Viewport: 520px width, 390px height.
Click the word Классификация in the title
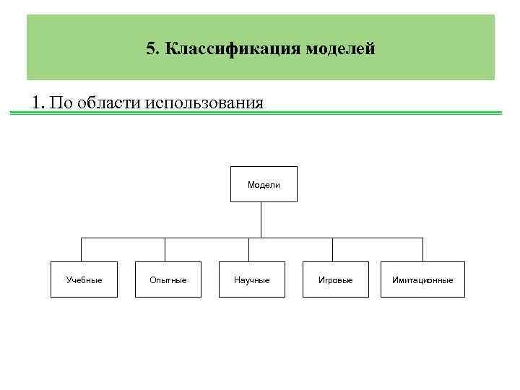(x=233, y=49)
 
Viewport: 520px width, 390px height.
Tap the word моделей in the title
(x=340, y=49)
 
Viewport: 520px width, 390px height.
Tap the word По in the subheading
(x=62, y=101)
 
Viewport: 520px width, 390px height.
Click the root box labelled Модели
(x=263, y=184)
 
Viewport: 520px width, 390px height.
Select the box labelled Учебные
(x=84, y=279)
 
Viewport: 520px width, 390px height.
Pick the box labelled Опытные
(x=168, y=279)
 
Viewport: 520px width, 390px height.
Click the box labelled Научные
(x=251, y=279)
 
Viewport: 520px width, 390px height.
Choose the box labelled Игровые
(x=335, y=279)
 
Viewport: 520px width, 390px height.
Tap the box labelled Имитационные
(x=422, y=279)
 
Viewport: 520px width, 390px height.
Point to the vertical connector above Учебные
(x=81, y=250)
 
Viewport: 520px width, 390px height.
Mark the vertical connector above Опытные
(x=165, y=250)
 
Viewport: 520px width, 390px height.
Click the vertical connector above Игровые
(x=332, y=250)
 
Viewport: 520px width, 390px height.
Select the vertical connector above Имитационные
(x=422, y=250)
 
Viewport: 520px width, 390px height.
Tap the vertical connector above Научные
(x=248, y=250)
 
